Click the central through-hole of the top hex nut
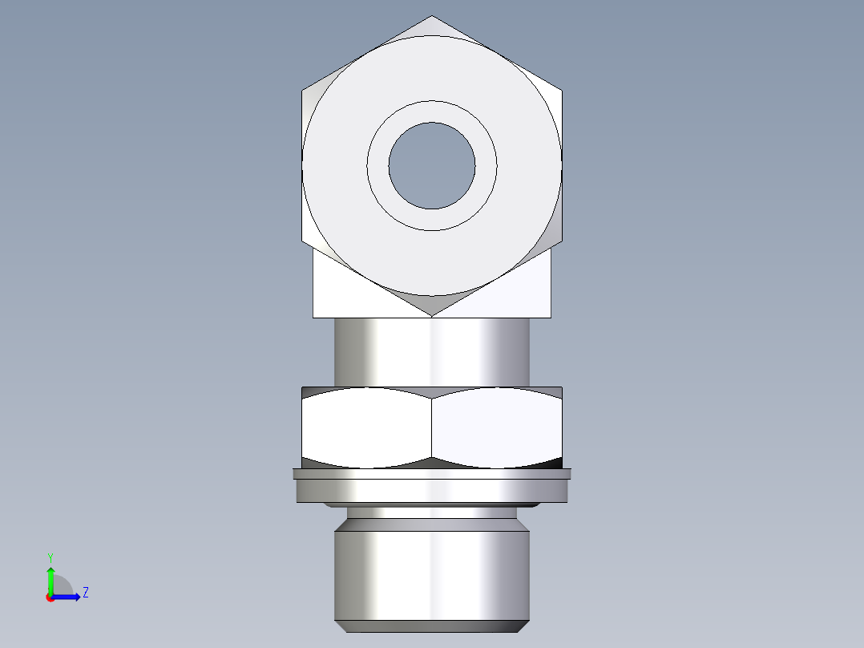click(432, 165)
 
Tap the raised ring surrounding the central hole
click(432, 111)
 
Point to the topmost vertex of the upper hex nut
click(432, 16)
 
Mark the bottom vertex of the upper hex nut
click(432, 315)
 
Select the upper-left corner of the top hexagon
click(303, 90)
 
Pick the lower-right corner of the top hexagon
click(561, 241)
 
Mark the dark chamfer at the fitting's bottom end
click(432, 626)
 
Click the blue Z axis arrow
click(69, 596)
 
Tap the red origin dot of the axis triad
click(50, 597)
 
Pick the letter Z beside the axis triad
click(85, 593)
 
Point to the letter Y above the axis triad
click(50, 557)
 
